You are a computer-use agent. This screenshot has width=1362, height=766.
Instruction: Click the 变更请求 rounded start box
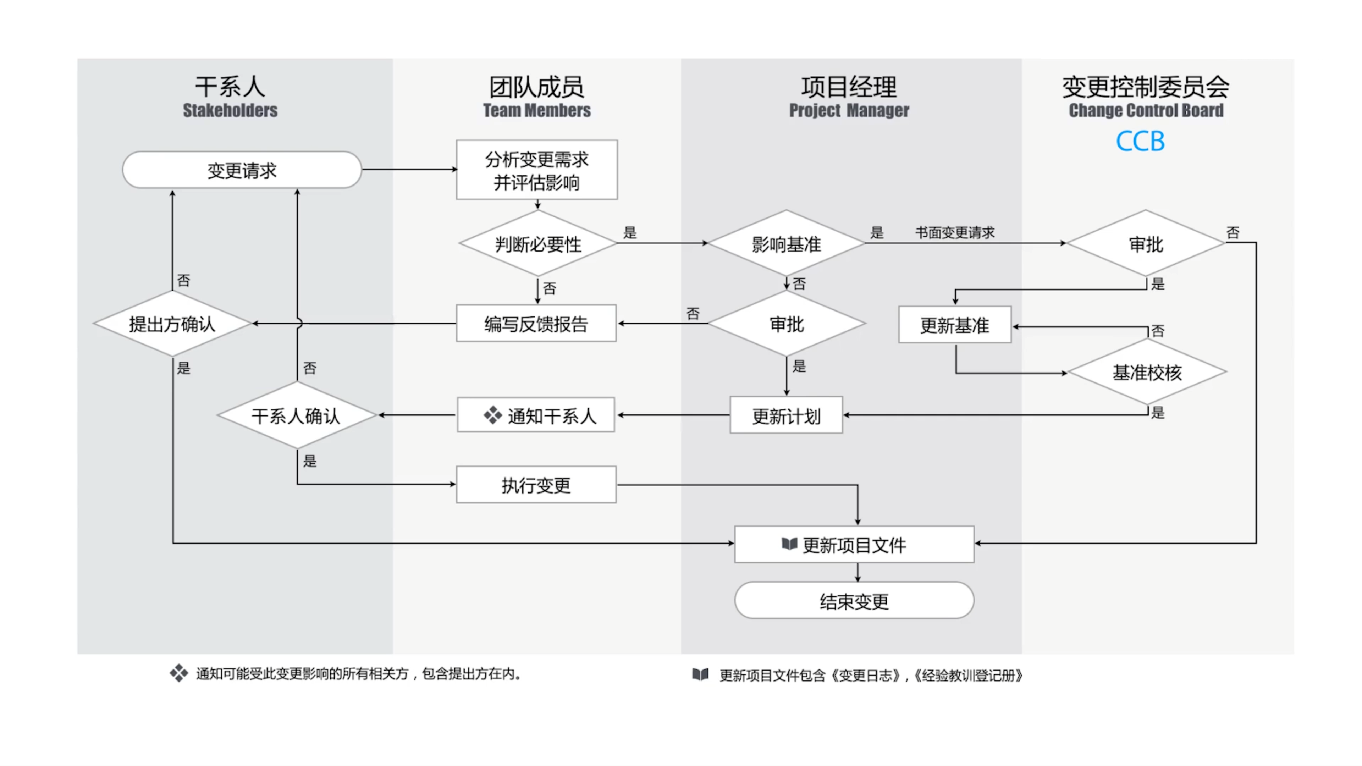point(242,170)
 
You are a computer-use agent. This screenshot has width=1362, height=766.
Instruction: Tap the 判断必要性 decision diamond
point(538,244)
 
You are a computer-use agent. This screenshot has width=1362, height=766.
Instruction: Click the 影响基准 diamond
point(786,244)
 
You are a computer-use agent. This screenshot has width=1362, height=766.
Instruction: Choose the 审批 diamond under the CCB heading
point(1146,244)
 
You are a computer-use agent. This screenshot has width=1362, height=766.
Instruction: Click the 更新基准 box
point(954,325)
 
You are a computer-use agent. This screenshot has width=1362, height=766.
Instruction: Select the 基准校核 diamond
point(1147,372)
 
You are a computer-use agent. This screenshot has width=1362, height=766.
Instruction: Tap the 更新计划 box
point(786,415)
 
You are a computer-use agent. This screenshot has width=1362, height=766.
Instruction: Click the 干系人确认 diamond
point(296,415)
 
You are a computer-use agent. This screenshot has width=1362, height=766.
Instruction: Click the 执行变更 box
point(536,485)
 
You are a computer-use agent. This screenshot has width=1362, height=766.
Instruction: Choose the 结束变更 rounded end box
point(854,601)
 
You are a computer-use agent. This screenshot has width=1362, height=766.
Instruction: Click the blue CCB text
point(1140,141)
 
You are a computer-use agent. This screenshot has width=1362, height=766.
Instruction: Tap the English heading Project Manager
point(849,110)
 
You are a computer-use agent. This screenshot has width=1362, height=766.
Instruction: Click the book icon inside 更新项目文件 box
point(789,544)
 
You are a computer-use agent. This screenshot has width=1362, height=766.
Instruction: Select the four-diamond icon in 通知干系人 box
point(492,415)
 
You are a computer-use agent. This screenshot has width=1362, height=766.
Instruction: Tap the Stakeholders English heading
point(230,110)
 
